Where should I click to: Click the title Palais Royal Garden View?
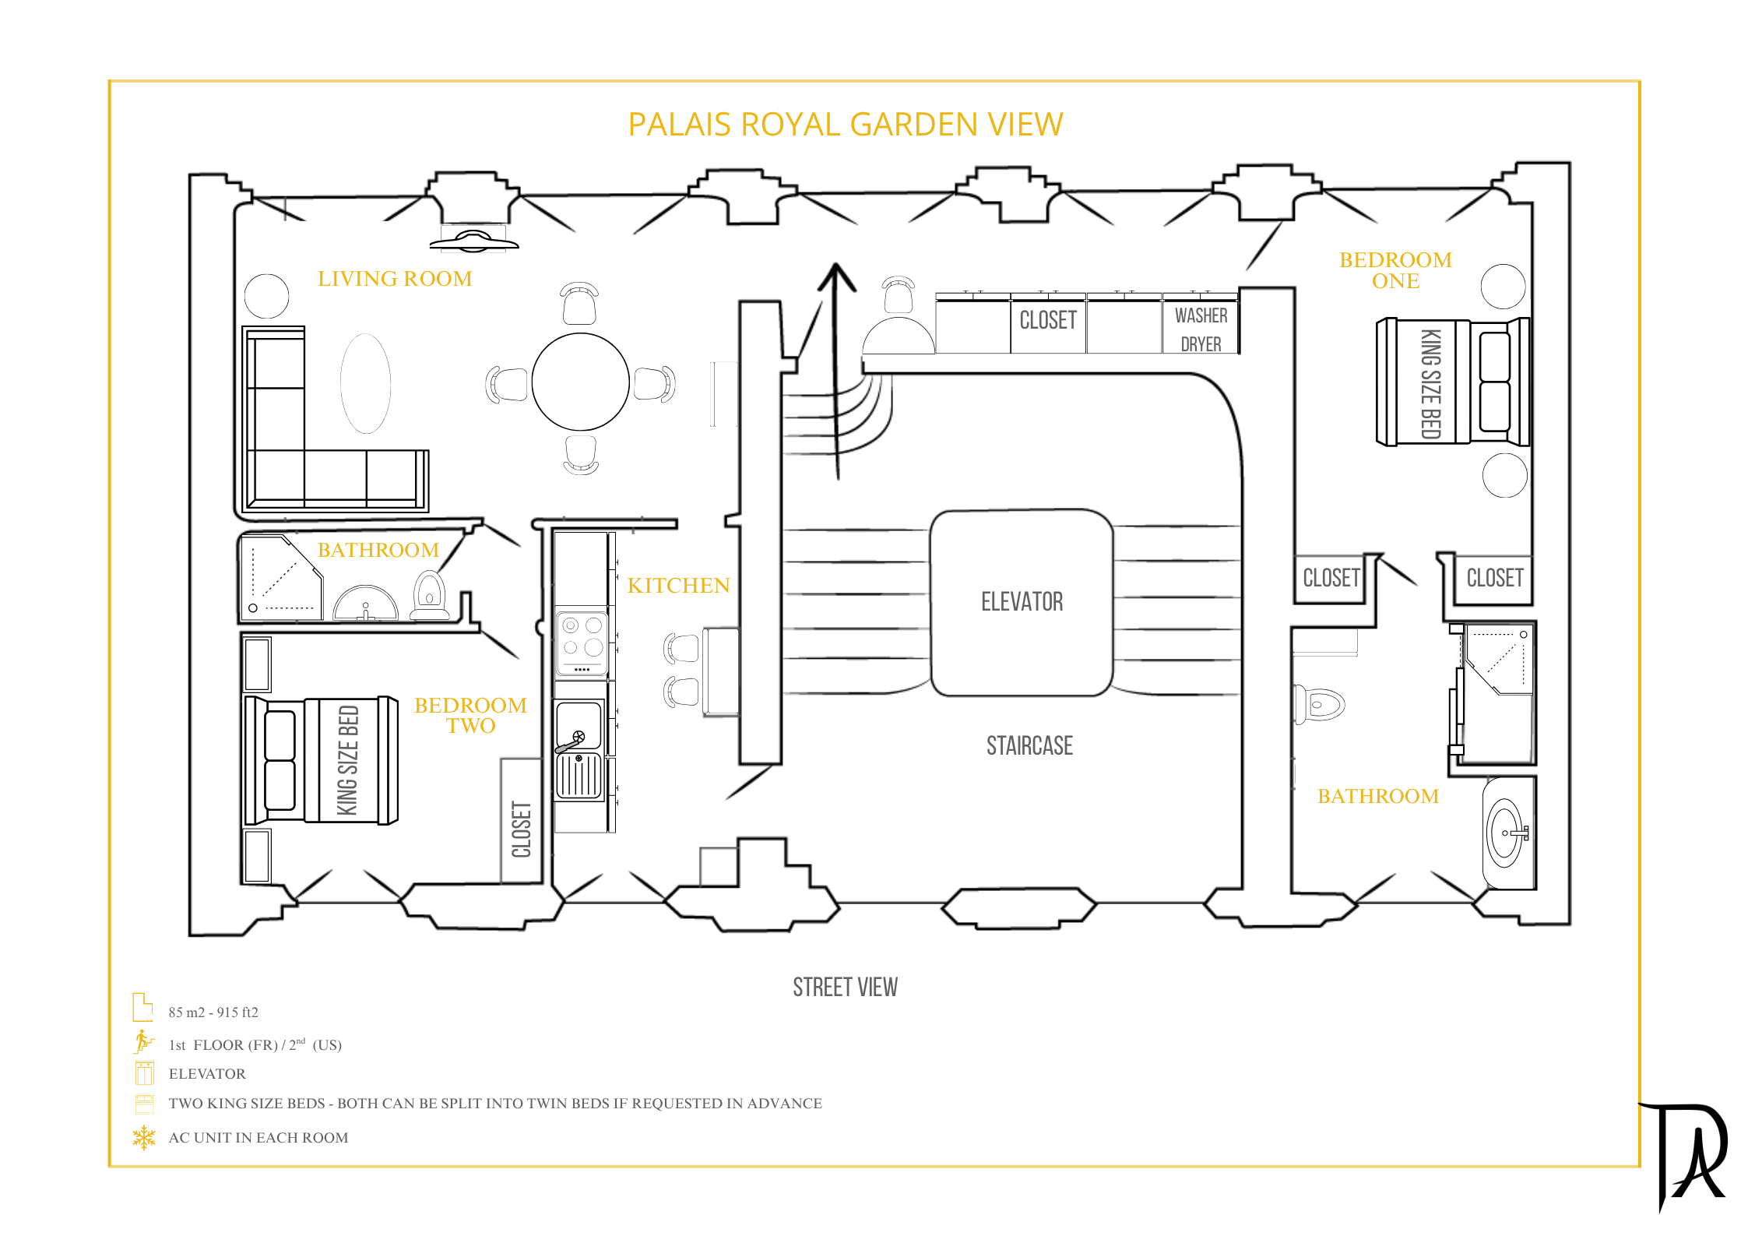[845, 125]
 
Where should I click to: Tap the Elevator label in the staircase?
[1022, 601]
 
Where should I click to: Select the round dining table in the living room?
[580, 382]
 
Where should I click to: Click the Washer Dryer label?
[1201, 329]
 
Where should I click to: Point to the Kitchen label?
[678, 585]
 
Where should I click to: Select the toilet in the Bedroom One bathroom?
[1321, 704]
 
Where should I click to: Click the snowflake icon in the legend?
[144, 1137]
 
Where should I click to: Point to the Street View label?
[845, 988]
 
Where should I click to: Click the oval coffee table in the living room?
[365, 383]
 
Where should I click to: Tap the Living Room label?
[395, 278]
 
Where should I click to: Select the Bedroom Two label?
[470, 715]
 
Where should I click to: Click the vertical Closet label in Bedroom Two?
[521, 829]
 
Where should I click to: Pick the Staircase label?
[1029, 745]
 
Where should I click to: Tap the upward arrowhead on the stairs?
[836, 276]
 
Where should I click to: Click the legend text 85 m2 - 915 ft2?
[213, 1012]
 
